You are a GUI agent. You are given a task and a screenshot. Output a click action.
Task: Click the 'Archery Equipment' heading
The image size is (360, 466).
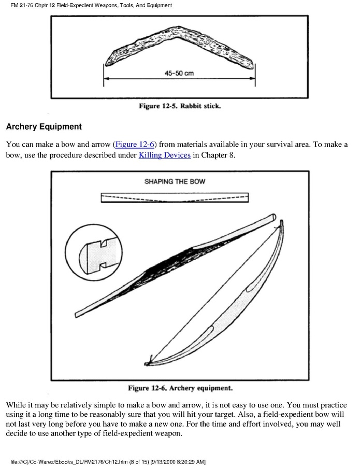(x=44, y=126)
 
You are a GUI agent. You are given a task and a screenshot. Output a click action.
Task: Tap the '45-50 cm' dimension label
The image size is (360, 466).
(x=179, y=73)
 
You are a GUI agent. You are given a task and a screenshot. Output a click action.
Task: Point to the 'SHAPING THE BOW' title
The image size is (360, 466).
(x=175, y=182)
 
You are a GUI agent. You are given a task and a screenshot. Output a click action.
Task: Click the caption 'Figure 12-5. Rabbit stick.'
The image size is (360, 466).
(x=179, y=106)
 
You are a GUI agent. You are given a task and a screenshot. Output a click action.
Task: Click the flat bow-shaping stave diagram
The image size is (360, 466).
(x=175, y=199)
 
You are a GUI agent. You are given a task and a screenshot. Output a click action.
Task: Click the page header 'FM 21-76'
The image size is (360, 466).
(x=18, y=5)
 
